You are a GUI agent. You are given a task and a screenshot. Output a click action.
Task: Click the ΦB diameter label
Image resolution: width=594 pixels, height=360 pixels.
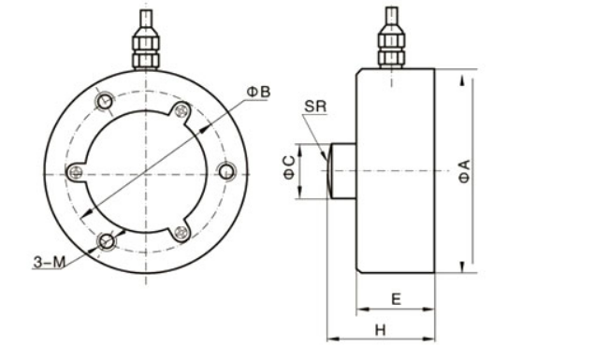(259, 91)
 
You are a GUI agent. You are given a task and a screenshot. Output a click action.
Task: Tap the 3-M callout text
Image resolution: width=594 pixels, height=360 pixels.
(48, 263)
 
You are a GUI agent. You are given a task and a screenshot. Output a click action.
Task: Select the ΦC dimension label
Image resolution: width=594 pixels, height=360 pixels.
(290, 171)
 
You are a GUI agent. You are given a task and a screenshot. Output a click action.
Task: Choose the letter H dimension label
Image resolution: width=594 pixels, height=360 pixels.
(380, 329)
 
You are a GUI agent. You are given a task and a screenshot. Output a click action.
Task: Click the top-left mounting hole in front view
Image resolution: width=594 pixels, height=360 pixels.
(106, 99)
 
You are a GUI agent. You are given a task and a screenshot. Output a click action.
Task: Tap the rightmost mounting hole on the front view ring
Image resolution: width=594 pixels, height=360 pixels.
(225, 170)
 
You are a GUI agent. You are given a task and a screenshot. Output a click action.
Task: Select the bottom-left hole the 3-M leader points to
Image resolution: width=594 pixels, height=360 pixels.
(107, 242)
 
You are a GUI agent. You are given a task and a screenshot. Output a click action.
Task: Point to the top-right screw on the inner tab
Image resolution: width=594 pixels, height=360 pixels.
(181, 111)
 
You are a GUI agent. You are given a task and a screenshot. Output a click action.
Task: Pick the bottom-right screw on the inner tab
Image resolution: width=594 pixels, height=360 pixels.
(181, 230)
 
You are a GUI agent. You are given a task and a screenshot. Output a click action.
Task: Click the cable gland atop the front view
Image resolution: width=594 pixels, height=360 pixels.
(144, 48)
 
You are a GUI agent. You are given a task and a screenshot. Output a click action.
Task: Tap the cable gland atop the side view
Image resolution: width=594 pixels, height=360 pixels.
(391, 48)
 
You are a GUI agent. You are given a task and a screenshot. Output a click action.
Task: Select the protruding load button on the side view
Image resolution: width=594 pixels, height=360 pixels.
(340, 171)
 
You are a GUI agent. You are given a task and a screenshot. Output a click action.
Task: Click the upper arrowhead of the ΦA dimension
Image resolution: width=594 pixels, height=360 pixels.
(464, 76)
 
